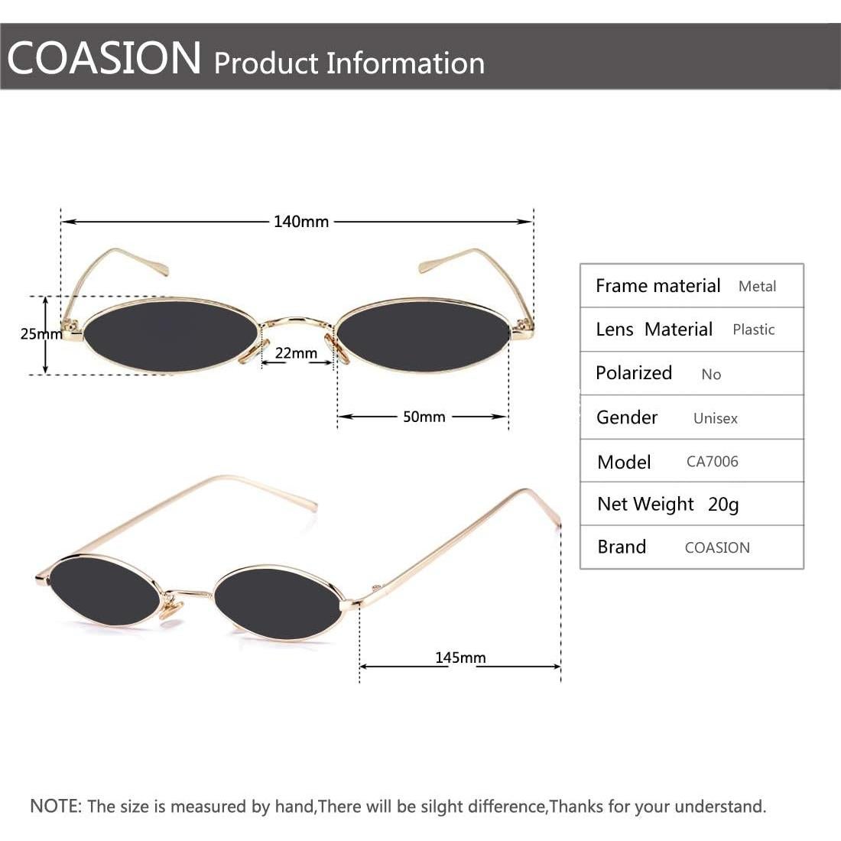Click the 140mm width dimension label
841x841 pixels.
point(301,222)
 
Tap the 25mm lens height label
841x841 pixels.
point(41,334)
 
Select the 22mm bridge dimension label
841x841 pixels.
point(296,353)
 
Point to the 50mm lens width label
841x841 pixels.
point(424,417)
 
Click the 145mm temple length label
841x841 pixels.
point(460,658)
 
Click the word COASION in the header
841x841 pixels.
point(105,58)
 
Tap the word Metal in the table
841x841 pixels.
point(757,287)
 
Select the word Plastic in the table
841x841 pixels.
point(753,330)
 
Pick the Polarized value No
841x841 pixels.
point(711,374)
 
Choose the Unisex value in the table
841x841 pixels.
point(715,418)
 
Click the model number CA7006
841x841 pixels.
point(712,462)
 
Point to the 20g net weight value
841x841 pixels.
point(723,505)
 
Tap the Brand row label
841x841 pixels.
point(622,547)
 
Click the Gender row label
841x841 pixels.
point(626,417)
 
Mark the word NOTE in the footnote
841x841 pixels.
point(55,806)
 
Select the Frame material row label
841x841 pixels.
point(658,286)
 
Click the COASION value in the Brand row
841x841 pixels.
point(717,547)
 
